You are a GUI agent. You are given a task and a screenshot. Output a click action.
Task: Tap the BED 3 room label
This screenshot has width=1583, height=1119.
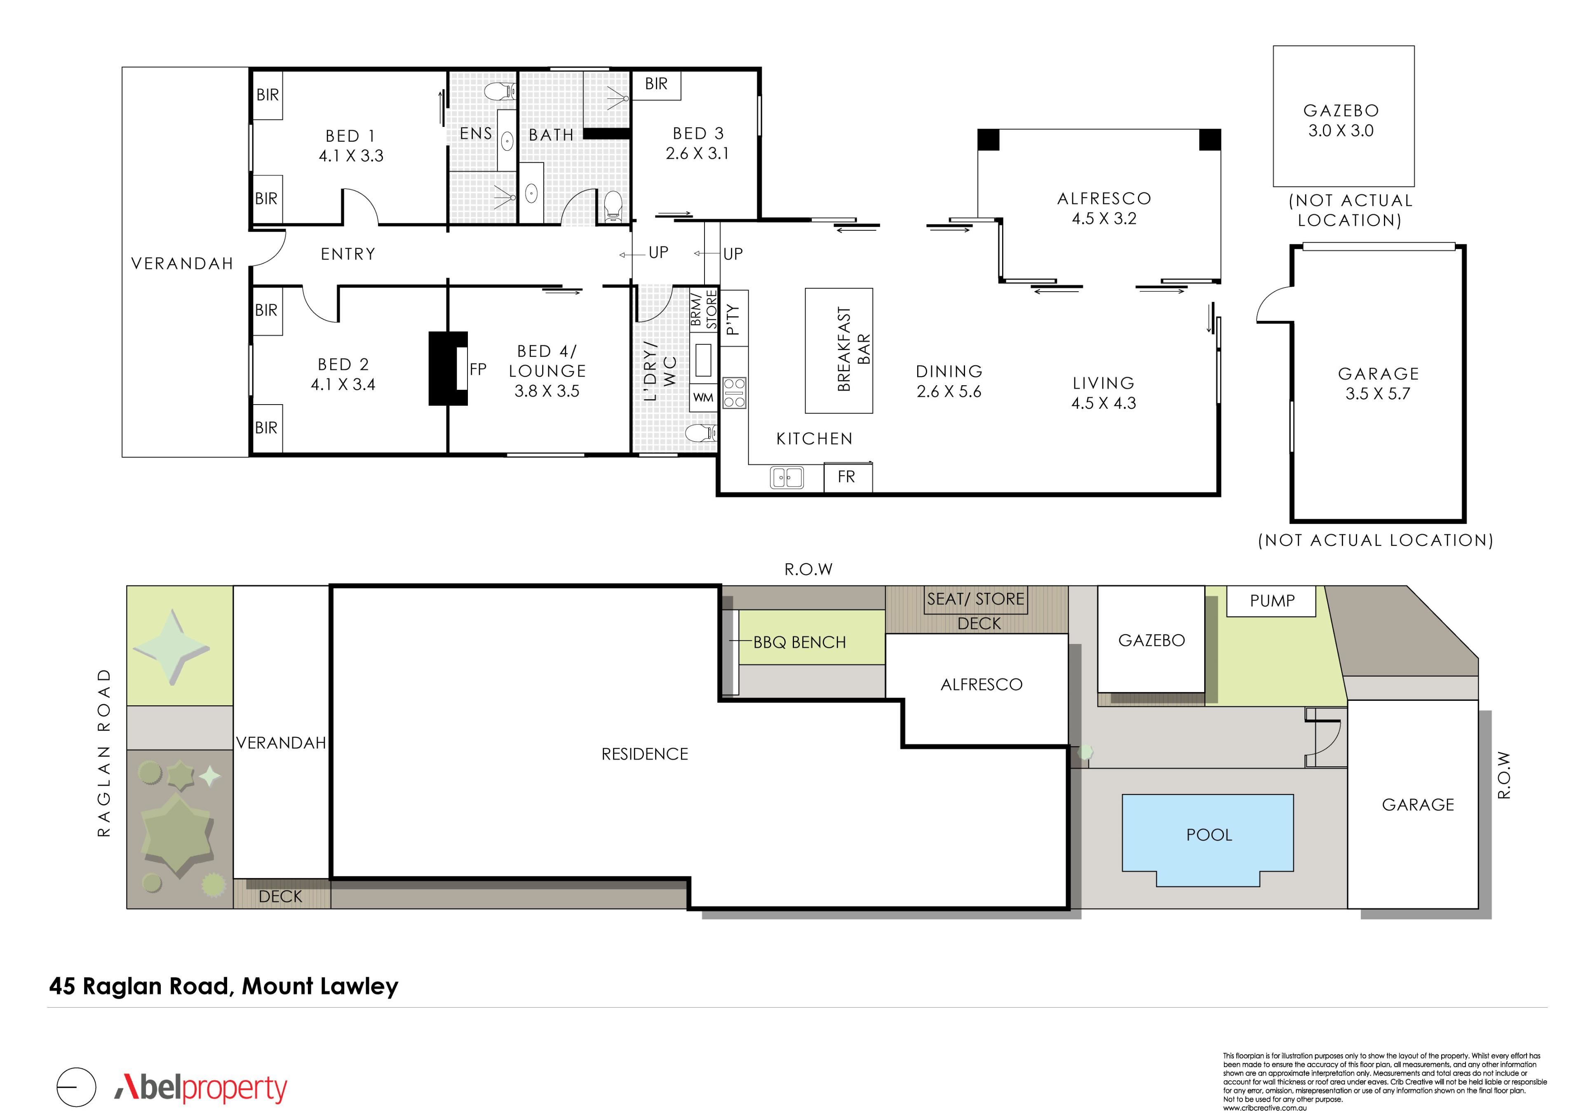(x=698, y=133)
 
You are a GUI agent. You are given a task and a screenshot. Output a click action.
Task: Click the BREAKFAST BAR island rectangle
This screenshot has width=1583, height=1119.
(x=838, y=351)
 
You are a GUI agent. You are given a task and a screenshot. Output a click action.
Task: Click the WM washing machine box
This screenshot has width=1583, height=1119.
(x=703, y=398)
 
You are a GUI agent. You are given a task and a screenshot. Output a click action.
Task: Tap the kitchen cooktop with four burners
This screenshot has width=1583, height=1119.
(x=734, y=393)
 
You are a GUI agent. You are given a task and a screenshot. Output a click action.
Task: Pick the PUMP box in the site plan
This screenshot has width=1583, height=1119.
(x=1271, y=601)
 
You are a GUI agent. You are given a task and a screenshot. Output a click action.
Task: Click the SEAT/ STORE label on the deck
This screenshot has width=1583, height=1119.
(x=976, y=599)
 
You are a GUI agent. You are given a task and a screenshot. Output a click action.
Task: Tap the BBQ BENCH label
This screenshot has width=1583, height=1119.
(x=799, y=642)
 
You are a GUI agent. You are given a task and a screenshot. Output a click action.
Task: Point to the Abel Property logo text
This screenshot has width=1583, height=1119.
(x=201, y=1089)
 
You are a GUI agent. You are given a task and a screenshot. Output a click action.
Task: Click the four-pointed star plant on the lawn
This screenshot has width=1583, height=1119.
(x=171, y=647)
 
